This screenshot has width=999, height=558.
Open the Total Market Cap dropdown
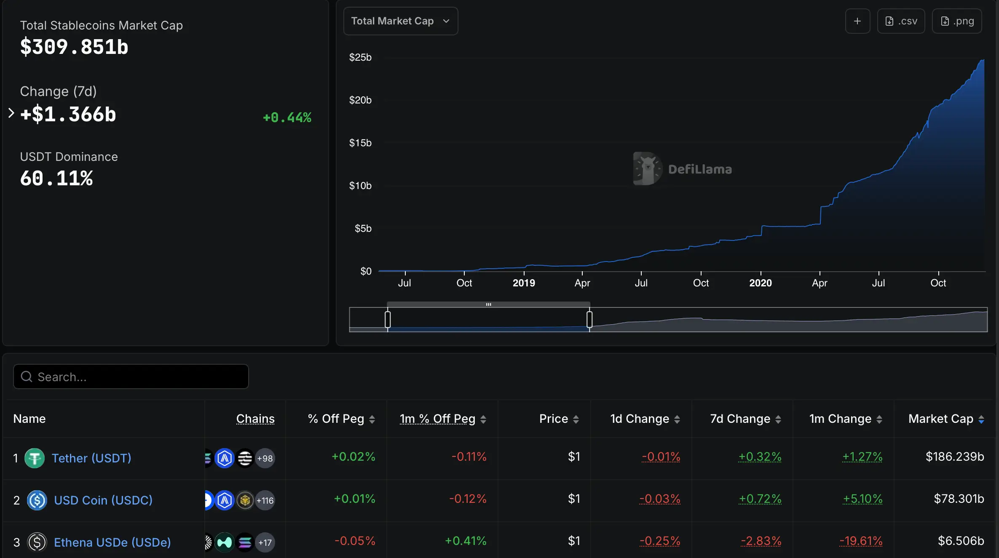click(401, 21)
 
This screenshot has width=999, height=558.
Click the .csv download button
click(901, 21)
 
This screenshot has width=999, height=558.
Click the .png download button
click(957, 21)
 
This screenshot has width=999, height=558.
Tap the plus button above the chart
click(857, 21)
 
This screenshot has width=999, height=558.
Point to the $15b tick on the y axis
click(360, 143)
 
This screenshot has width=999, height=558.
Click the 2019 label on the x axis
click(524, 283)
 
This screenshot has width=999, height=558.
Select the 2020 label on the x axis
click(761, 283)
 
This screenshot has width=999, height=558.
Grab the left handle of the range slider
click(388, 319)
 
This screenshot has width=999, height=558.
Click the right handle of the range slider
click(589, 319)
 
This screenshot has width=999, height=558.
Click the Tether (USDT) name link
click(91, 458)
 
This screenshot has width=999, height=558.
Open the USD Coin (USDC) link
click(103, 500)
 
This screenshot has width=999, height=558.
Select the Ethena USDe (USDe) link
click(112, 542)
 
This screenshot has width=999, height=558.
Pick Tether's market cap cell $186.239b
click(955, 457)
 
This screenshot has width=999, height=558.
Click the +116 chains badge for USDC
click(265, 500)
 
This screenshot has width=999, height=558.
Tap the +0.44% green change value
click(287, 117)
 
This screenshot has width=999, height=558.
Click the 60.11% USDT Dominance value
click(56, 178)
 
